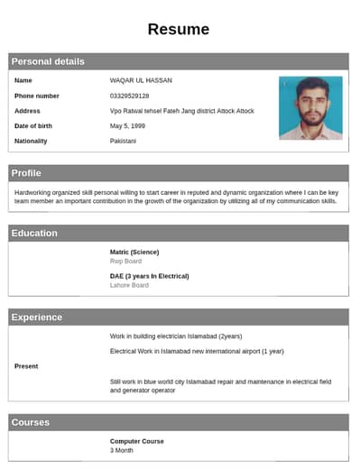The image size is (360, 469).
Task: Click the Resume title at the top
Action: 179,29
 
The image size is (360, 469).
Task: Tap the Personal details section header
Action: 48,61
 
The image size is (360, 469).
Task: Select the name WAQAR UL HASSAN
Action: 141,80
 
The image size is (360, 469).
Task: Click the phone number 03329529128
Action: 129,96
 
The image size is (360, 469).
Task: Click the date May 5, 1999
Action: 127,125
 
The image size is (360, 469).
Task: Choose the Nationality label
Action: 31,141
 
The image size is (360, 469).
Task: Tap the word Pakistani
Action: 124,141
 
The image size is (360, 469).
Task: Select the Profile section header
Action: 26,172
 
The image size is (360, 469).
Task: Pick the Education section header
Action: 34,233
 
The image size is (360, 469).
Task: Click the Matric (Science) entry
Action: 134,252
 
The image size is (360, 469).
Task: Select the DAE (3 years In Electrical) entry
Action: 149,276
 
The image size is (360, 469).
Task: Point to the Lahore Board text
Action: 129,285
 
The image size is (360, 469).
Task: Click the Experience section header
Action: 37,317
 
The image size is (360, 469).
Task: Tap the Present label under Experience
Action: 26,366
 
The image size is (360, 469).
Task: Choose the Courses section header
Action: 31,422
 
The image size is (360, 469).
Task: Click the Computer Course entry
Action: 136,441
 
